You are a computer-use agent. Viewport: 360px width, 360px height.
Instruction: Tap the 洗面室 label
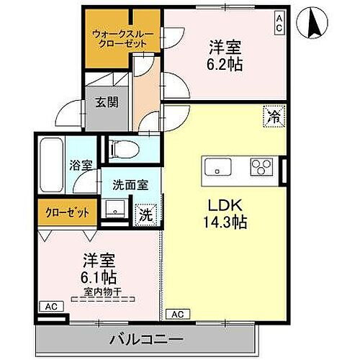[x=130, y=184]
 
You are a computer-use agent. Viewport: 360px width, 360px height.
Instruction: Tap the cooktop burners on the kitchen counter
[x=259, y=167]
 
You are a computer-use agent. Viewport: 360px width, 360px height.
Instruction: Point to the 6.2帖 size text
[x=225, y=65]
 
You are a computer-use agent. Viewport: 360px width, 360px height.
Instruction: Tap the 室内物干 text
[x=99, y=292]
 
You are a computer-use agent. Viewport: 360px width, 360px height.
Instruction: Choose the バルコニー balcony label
[x=146, y=338]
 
